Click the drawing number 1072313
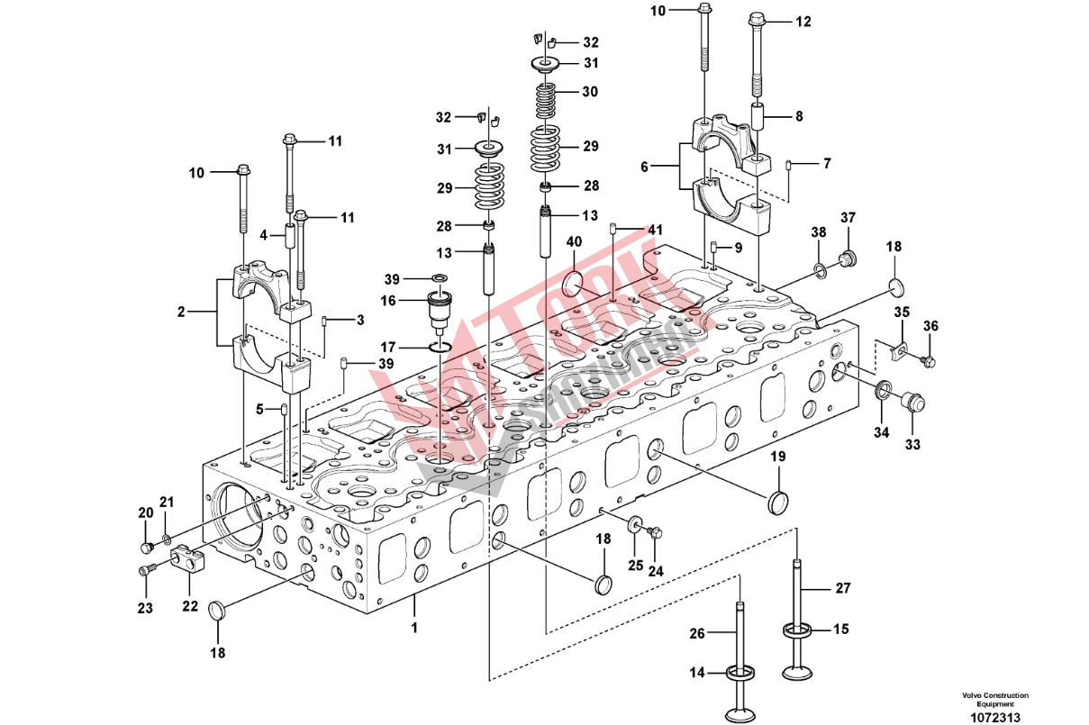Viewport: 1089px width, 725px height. [x=994, y=718]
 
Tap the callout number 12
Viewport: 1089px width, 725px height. [x=803, y=21]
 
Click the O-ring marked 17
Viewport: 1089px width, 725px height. [x=440, y=349]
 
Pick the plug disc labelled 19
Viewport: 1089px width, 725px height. [x=778, y=503]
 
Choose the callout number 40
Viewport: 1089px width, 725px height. [x=574, y=242]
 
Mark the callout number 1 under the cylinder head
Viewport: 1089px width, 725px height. [x=415, y=626]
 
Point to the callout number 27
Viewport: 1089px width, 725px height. [x=842, y=589]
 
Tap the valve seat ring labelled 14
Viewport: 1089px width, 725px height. [x=740, y=671]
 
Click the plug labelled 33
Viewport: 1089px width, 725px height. [x=912, y=402]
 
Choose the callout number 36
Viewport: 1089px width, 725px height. [x=931, y=326]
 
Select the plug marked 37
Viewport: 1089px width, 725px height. [x=847, y=260]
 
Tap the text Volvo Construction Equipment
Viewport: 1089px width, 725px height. [x=994, y=700]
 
